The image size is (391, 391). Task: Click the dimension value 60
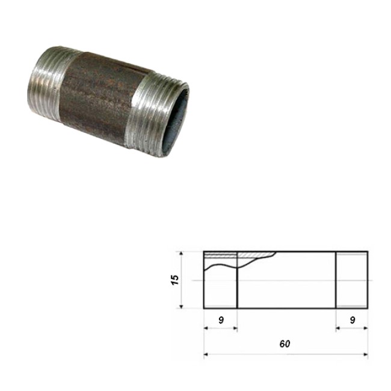[x=285, y=344]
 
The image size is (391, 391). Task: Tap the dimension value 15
[x=175, y=280]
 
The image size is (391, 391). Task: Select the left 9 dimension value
[x=221, y=320]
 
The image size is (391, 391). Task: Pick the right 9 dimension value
[x=352, y=320]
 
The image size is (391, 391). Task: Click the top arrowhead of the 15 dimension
[x=181, y=254]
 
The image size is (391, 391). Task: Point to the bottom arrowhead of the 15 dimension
[x=181, y=306]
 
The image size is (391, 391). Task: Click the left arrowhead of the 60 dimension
[x=206, y=354]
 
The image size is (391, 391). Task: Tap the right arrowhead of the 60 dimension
[x=366, y=354]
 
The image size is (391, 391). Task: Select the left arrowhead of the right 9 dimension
[x=338, y=328]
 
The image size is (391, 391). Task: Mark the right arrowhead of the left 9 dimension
[x=235, y=328]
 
